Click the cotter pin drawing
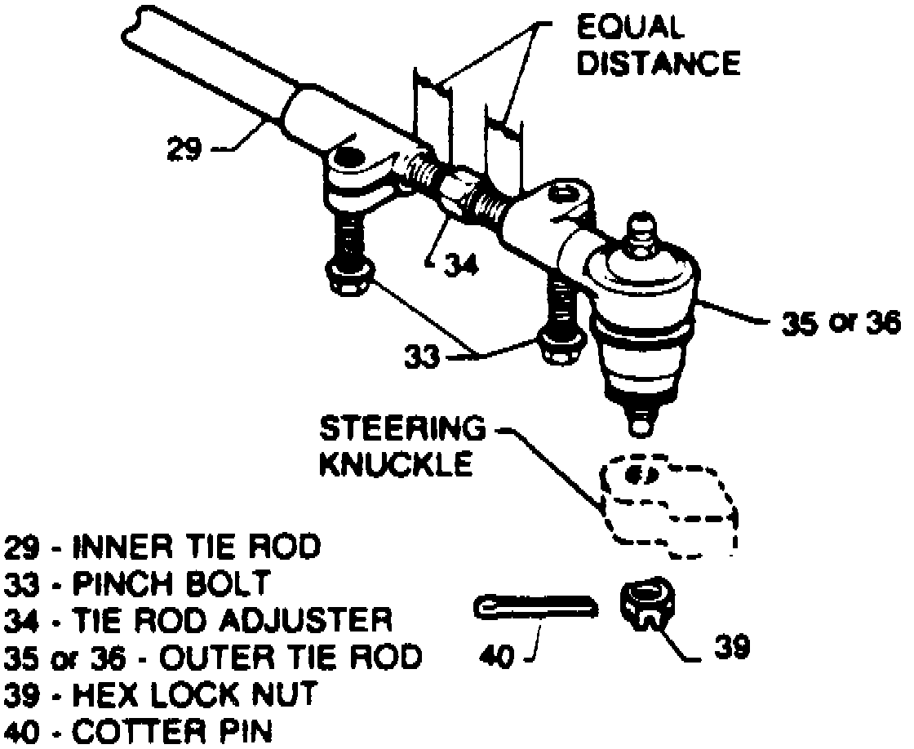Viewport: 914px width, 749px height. pos(535,607)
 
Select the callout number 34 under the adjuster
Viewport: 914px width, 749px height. pos(450,265)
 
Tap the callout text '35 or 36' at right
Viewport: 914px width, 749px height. pos(840,324)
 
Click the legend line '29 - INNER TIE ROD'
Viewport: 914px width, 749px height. pos(162,547)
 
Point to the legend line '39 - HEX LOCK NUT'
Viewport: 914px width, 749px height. pos(160,695)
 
